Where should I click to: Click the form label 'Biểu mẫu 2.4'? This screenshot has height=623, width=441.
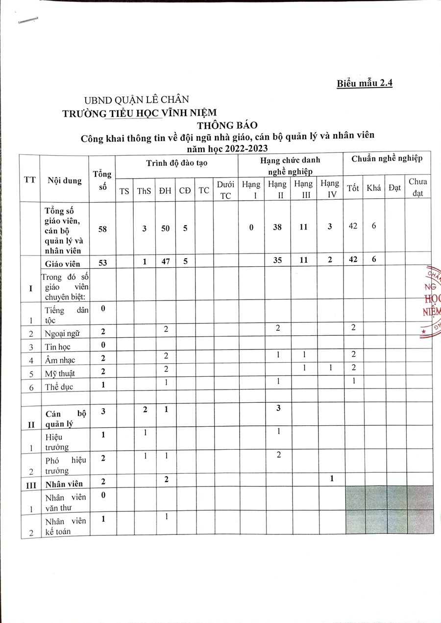(364, 83)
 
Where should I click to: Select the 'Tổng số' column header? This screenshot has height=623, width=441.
(102, 180)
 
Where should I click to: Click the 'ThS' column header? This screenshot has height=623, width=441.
(144, 191)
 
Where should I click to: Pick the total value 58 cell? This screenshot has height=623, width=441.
(102, 228)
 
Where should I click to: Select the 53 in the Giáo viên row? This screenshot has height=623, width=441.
(102, 262)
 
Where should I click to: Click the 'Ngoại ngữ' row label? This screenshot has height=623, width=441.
(62, 333)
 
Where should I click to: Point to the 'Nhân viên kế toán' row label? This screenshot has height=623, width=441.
(65, 526)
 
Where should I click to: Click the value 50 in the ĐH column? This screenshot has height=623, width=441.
(166, 228)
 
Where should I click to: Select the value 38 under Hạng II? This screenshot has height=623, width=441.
(277, 228)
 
